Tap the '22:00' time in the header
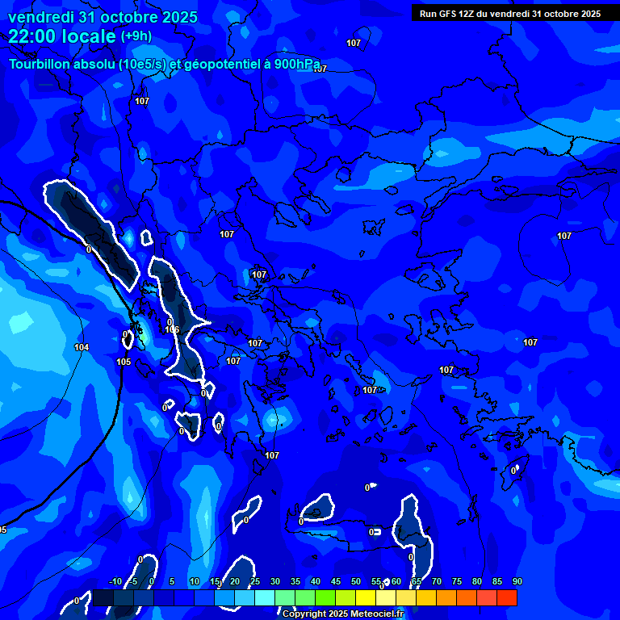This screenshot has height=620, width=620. click(31, 36)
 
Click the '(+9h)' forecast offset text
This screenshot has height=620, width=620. click(136, 36)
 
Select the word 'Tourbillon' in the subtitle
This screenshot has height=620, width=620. click(40, 65)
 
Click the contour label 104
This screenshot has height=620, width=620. click(82, 347)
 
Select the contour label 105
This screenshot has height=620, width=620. click(124, 362)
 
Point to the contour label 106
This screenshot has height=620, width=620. click(172, 329)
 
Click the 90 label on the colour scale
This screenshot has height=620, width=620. click(517, 581)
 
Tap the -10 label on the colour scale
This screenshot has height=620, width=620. click(115, 581)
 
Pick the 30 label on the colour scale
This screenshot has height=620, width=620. click(275, 581)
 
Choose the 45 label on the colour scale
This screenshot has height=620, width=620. click(336, 581)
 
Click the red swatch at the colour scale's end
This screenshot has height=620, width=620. click(507, 597)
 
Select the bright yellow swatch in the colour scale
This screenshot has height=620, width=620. click(366, 597)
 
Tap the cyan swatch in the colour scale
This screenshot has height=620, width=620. click(265, 597)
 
